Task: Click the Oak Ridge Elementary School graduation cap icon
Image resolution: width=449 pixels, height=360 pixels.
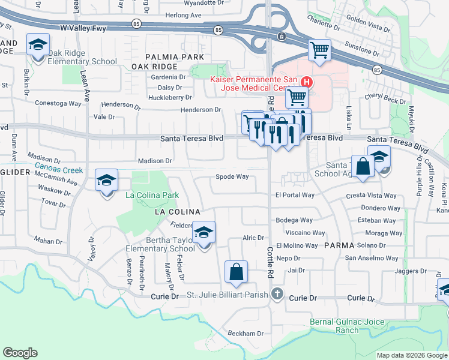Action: (38, 46)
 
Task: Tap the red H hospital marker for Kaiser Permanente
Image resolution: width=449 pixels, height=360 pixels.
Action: (307, 82)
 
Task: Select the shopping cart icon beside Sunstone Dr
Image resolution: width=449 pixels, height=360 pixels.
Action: (320, 50)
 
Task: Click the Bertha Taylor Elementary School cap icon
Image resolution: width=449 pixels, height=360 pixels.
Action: (204, 232)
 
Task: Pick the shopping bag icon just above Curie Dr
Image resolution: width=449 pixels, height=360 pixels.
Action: (237, 271)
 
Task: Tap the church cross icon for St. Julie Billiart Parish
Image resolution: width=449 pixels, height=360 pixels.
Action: (276, 294)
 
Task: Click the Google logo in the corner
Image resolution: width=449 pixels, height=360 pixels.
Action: (20, 353)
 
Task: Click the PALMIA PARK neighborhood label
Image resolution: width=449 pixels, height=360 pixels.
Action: (166, 56)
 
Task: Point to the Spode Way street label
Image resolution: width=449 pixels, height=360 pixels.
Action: (232, 177)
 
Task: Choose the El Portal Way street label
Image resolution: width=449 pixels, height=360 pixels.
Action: (295, 195)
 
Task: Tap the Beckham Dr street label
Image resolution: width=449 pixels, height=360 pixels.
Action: (245, 334)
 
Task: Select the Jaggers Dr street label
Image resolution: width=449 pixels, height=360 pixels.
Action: (410, 271)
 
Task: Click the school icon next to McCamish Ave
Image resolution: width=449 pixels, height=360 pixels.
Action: (106, 181)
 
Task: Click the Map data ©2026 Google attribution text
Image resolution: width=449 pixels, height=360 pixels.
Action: (411, 355)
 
